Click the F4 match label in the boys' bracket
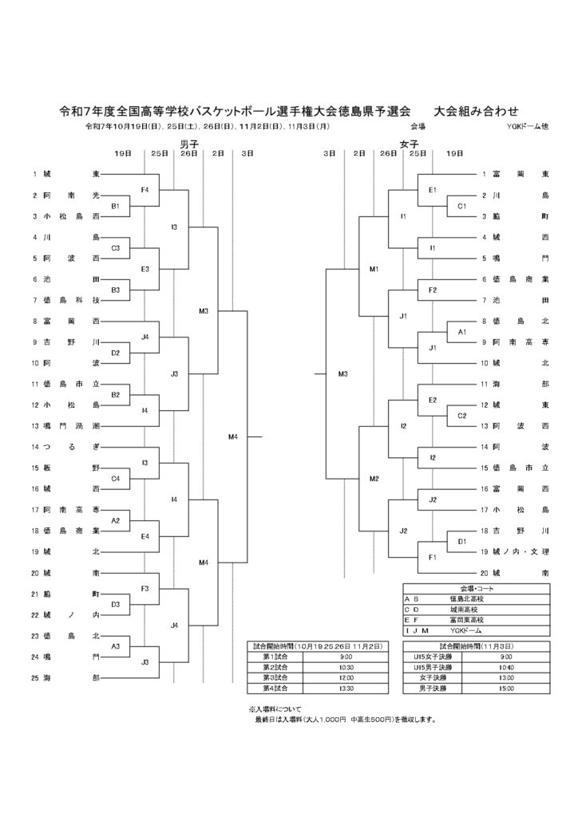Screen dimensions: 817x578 144,189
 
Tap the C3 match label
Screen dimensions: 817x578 115,248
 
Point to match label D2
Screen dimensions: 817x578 115,352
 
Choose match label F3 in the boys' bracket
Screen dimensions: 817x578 144,588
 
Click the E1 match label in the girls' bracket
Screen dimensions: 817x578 432,189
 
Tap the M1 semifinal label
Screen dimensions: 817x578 374,269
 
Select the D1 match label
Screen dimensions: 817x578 461,541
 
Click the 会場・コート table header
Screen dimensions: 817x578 475,588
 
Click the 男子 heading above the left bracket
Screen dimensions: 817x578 189,143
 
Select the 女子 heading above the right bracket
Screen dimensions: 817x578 409,143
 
